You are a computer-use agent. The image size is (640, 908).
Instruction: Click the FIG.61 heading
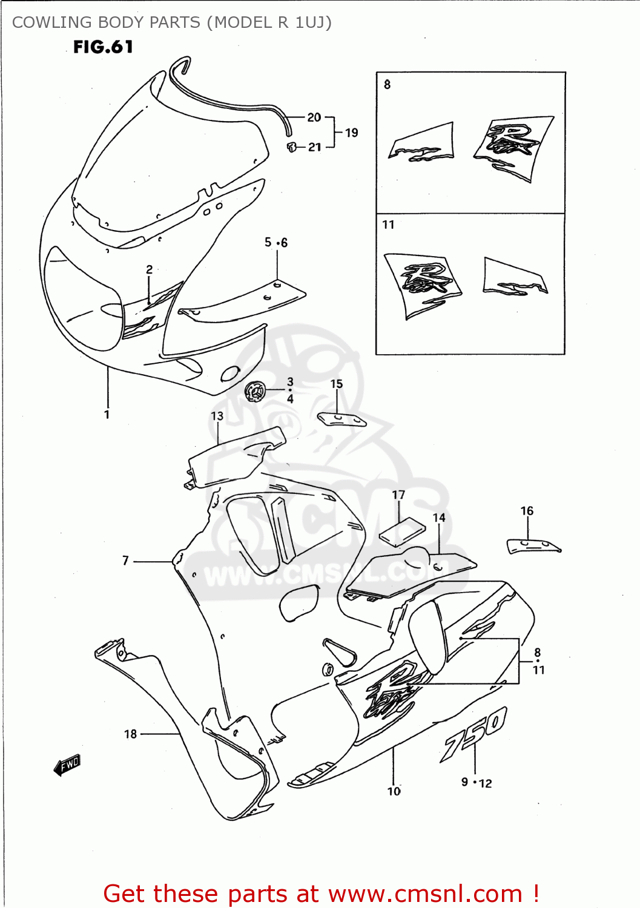coord(103,47)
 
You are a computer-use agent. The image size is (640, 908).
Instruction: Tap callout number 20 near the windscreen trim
coord(314,117)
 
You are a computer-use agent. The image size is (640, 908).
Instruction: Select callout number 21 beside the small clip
coord(315,147)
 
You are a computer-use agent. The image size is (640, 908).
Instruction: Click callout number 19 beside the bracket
coord(351,133)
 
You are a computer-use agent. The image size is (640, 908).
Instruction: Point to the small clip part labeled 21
coord(292,146)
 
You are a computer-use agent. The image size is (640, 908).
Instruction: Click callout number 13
coord(217,416)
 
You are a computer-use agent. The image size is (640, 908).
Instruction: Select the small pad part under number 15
coord(341,419)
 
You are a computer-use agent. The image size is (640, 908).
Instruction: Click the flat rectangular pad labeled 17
coord(401,532)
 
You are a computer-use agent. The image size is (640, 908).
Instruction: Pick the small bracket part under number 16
coord(533,545)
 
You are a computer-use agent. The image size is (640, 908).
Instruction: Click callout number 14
coord(439,518)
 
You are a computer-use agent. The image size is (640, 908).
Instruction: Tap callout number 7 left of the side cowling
coord(126,561)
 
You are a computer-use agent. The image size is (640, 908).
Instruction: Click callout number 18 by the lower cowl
coord(131,734)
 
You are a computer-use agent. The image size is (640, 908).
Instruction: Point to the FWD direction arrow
coord(67,765)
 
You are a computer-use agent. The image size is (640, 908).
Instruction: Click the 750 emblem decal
coord(473,734)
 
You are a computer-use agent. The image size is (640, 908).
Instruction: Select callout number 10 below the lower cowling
coord(394,791)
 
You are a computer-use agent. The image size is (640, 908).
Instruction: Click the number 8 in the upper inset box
coord(388,85)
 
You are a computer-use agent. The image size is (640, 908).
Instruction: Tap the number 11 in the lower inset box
coord(389,225)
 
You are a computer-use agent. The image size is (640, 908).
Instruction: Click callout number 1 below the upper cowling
coord(107,415)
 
